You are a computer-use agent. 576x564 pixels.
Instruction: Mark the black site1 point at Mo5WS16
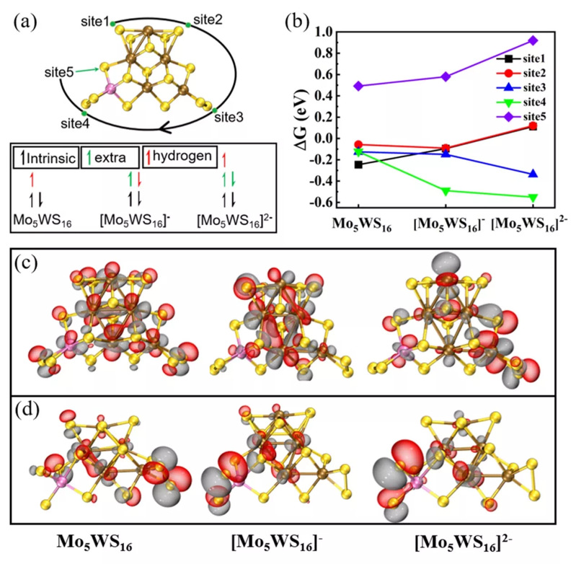point(358,164)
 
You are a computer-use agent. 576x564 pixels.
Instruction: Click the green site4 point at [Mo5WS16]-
point(446,190)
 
